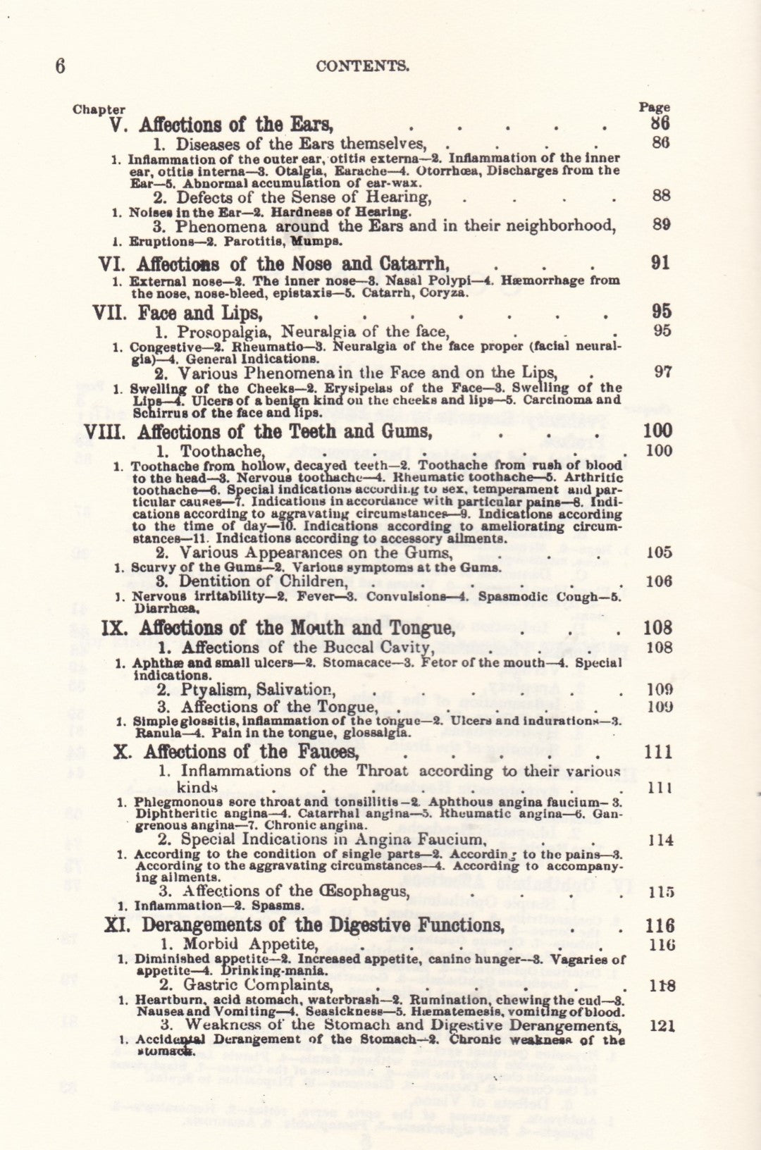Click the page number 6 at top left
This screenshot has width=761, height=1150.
(x=61, y=66)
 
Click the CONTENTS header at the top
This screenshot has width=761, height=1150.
(x=362, y=66)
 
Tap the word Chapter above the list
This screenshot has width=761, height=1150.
(x=99, y=110)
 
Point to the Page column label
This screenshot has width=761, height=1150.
(x=654, y=108)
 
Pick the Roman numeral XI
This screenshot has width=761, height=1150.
(x=117, y=925)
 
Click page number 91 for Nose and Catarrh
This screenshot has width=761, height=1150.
(x=660, y=264)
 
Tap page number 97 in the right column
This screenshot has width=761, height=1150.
(x=662, y=372)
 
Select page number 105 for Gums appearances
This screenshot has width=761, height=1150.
(x=659, y=552)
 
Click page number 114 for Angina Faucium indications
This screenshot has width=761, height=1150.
(x=660, y=840)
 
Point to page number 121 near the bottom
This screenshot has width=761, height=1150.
(x=662, y=1026)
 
